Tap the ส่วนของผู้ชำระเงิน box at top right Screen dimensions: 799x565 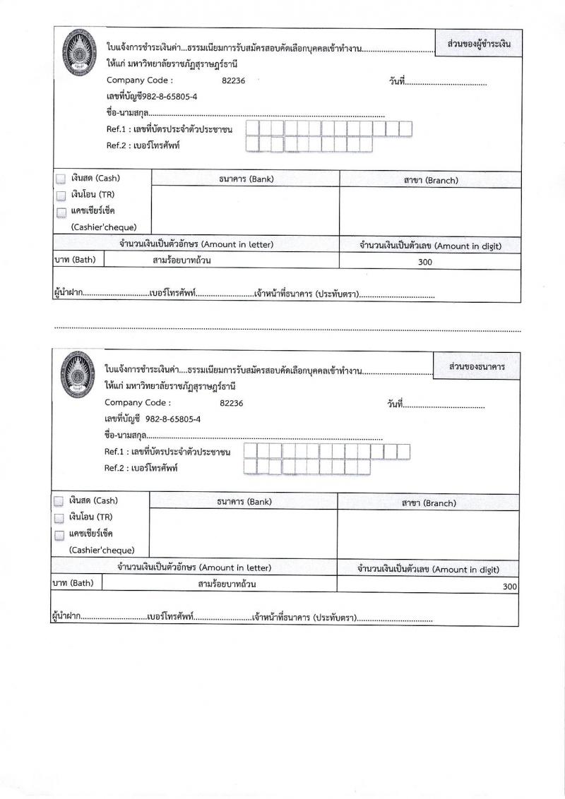point(479,44)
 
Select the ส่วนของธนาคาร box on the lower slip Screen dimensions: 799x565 point(477,367)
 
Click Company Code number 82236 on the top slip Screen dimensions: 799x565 point(233,80)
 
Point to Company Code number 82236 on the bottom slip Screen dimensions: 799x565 point(232,403)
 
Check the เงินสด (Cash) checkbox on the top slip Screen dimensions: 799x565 point(61,179)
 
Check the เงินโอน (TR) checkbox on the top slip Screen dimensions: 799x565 point(61,196)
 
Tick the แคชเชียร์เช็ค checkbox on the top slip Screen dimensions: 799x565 point(61,212)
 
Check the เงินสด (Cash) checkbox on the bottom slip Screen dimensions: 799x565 point(59,501)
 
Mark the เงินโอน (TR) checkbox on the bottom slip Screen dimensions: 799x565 point(59,517)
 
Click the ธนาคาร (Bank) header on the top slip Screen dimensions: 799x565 point(246,179)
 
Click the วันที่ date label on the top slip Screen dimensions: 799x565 point(396,83)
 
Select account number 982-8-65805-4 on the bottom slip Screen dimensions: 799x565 point(172,419)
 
